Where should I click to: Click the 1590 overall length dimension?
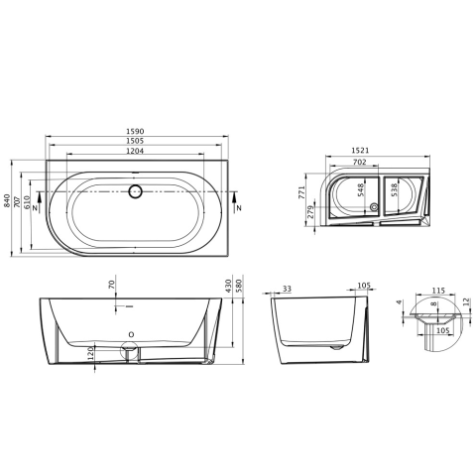pyautogui.click(x=135, y=131)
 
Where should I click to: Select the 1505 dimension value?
pyautogui.click(x=135, y=141)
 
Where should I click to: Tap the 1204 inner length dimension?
pyautogui.click(x=135, y=151)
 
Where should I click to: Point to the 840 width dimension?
pyautogui.click(x=7, y=200)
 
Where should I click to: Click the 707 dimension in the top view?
pyautogui.click(x=17, y=202)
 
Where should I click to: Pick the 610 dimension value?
pyautogui.click(x=27, y=202)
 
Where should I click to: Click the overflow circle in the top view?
pyautogui.click(x=135, y=191)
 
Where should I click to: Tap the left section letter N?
pyautogui.click(x=34, y=207)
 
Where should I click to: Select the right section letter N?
pyautogui.click(x=239, y=208)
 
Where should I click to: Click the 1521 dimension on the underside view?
pyautogui.click(x=360, y=151)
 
